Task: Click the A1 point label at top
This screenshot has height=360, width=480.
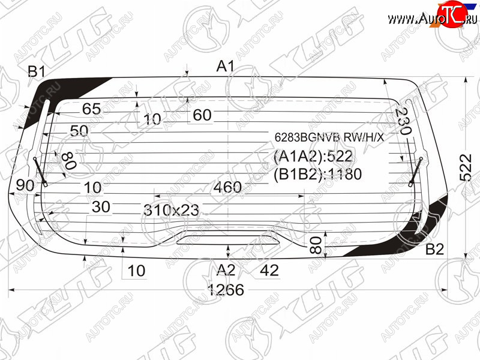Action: (226, 66)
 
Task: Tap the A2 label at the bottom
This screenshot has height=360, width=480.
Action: (226, 271)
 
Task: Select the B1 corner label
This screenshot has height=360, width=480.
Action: (37, 72)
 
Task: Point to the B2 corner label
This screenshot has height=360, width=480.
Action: (434, 250)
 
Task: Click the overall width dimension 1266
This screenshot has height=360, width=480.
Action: (226, 290)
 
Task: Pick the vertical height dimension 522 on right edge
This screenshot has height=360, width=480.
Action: (466, 167)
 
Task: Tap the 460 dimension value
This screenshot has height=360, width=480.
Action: (227, 187)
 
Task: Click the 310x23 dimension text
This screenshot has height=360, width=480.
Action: (172, 210)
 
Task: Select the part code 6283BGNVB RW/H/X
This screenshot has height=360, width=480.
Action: (329, 137)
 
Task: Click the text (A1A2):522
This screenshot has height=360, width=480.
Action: (313, 157)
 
